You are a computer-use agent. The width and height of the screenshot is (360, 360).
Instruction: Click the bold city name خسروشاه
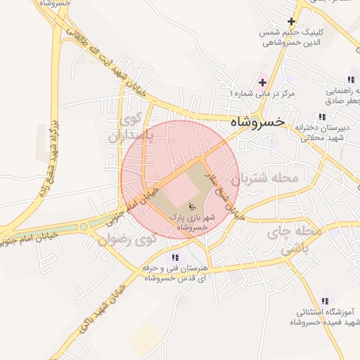pos(257,122)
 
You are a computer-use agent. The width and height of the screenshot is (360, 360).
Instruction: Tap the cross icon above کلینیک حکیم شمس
pos(290,22)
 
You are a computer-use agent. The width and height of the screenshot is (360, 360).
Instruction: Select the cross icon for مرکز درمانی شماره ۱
pos(262,82)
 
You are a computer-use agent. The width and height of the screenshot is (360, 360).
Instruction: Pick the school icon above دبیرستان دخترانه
pos(321,117)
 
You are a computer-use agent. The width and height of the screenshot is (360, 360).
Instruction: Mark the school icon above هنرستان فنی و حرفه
pos(174,257)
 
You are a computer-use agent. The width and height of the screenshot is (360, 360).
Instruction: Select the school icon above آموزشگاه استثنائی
pos(324,301)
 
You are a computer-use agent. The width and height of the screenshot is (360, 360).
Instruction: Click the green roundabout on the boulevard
pos(84,226)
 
